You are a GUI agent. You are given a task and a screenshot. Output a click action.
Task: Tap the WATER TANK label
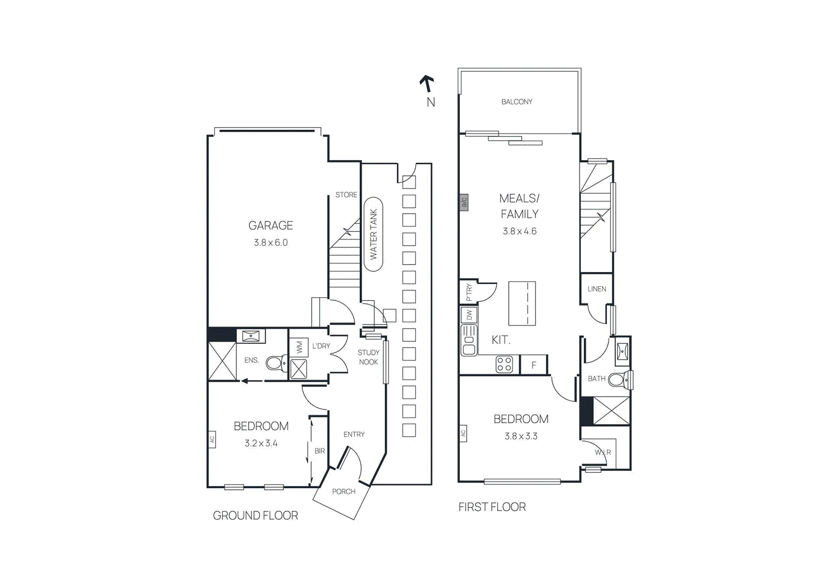[373, 234]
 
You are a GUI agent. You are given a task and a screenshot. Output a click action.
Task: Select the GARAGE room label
[270, 225]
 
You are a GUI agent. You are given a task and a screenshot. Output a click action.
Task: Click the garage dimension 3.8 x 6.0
[270, 243]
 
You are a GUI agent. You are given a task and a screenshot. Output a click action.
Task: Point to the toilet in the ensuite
[275, 363]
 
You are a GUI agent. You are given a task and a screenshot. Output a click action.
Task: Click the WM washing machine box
[299, 347]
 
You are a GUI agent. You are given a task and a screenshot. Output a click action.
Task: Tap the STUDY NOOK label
[369, 357]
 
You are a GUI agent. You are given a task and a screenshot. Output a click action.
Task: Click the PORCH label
[343, 491]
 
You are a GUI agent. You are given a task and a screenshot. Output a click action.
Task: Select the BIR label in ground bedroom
[320, 451]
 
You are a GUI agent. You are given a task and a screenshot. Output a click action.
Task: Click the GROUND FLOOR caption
[255, 516]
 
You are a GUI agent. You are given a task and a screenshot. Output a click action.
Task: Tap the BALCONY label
[517, 102]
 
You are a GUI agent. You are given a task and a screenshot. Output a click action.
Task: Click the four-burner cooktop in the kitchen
[505, 364]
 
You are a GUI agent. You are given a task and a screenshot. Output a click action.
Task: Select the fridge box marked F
[533, 365]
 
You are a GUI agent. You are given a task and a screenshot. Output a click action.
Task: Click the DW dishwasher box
[469, 315]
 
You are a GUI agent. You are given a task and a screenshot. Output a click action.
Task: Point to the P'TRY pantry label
[469, 292]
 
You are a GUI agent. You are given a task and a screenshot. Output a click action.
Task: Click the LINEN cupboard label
[596, 289]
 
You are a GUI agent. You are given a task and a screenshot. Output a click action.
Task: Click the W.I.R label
[603, 452]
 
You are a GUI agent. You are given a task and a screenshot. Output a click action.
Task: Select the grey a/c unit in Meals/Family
[464, 202]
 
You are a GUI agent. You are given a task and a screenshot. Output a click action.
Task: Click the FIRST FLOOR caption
[492, 507]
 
